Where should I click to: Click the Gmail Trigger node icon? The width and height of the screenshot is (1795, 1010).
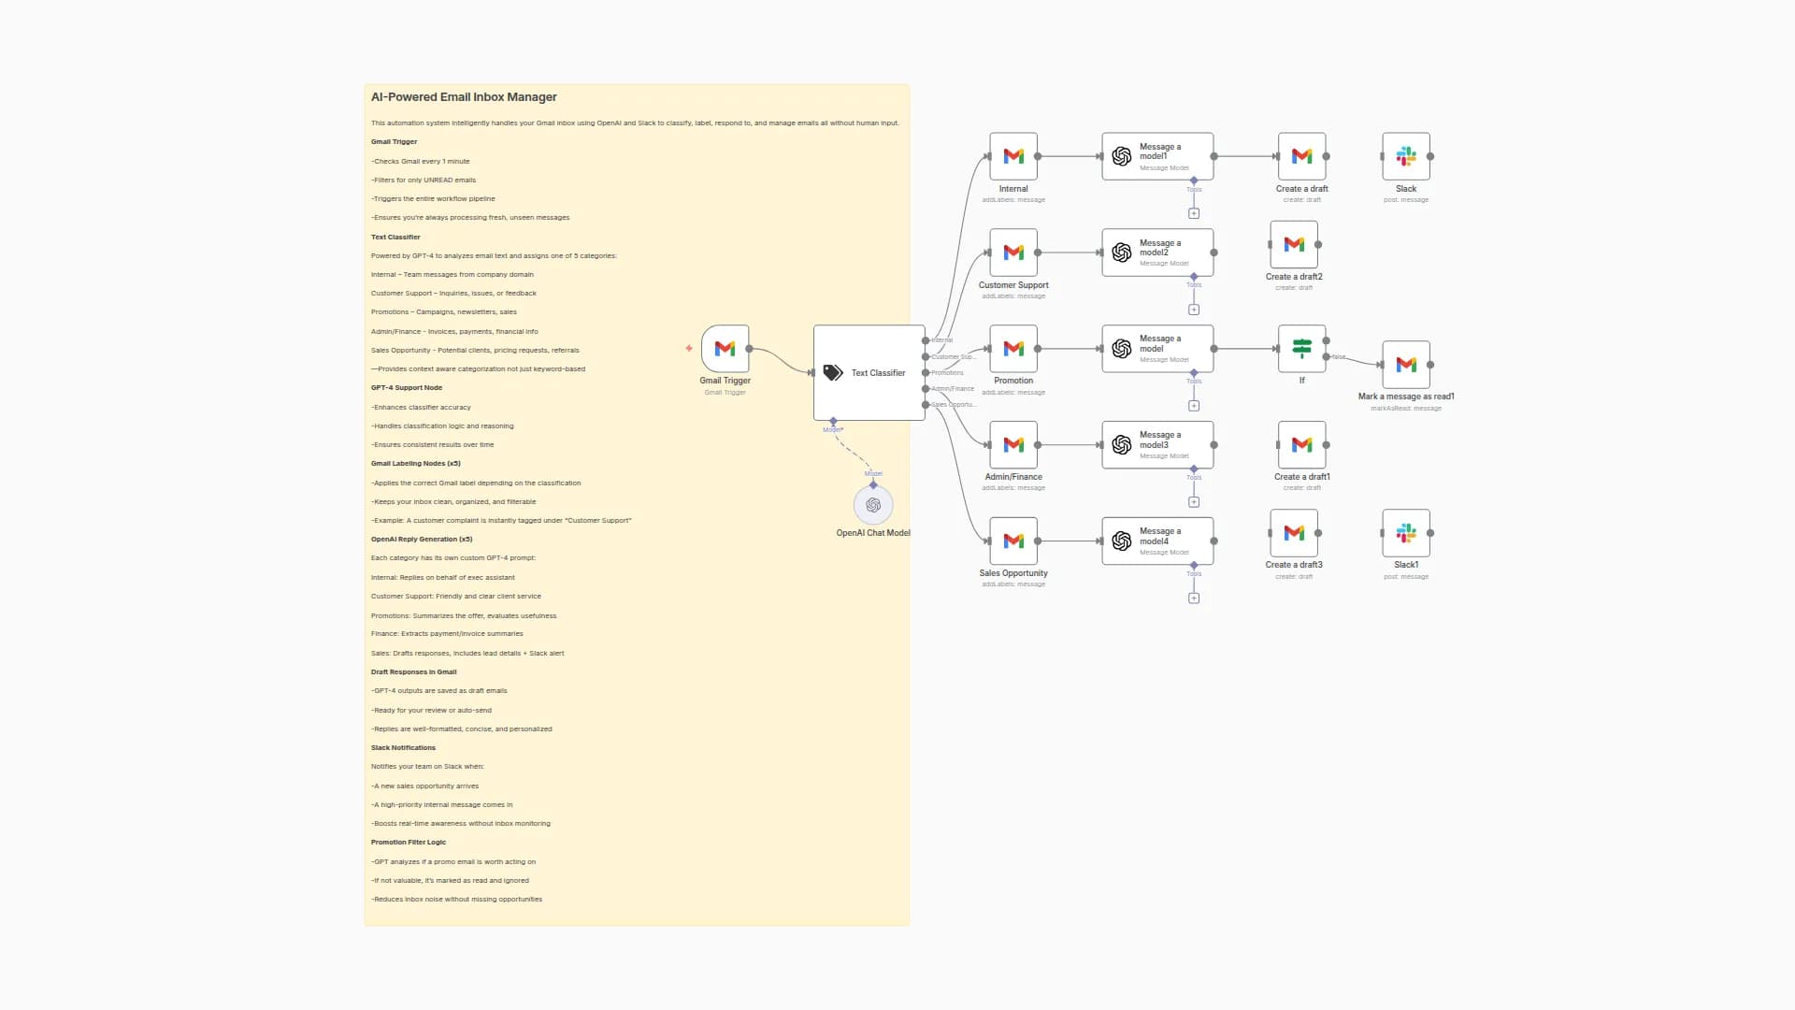point(725,349)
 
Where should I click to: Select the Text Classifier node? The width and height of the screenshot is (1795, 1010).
point(869,372)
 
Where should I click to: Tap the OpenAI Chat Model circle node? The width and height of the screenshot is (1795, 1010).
point(873,505)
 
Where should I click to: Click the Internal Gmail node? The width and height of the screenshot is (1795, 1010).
point(1013,156)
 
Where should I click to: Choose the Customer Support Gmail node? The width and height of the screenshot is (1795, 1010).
point(1013,252)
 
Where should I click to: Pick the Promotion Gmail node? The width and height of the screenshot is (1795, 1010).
point(1013,349)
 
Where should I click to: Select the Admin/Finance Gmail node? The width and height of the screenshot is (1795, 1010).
point(1013,445)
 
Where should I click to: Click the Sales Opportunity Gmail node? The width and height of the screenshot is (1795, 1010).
point(1013,541)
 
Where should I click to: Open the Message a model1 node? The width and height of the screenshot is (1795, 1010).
point(1157,156)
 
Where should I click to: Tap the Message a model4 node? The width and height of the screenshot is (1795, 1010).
point(1157,541)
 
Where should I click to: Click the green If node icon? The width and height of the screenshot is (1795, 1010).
point(1301,349)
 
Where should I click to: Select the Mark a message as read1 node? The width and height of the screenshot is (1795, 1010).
point(1406,365)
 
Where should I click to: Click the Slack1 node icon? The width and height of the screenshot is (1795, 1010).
point(1406,533)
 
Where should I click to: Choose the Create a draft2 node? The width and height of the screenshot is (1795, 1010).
point(1294,244)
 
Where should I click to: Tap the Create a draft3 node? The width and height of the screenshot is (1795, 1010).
point(1294,533)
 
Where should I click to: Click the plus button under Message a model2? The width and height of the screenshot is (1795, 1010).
point(1194,310)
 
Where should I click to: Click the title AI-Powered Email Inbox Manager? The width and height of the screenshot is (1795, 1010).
point(464,97)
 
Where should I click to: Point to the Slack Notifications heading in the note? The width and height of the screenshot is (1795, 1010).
point(403,748)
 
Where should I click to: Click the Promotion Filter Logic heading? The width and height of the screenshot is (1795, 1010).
point(409,843)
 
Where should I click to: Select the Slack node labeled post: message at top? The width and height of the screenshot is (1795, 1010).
point(1406,156)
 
